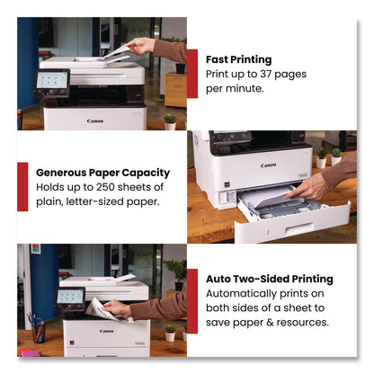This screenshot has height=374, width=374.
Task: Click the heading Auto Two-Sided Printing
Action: (270, 279)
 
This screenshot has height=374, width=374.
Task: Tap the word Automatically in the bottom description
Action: (245, 293)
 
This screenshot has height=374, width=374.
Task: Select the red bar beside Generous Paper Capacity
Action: (22, 185)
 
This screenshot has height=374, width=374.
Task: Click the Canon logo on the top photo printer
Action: (94, 120)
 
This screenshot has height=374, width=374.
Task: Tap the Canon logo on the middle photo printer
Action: (268, 165)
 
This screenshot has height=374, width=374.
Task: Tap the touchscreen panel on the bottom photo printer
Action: (69, 296)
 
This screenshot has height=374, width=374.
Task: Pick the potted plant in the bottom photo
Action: (169, 333)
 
